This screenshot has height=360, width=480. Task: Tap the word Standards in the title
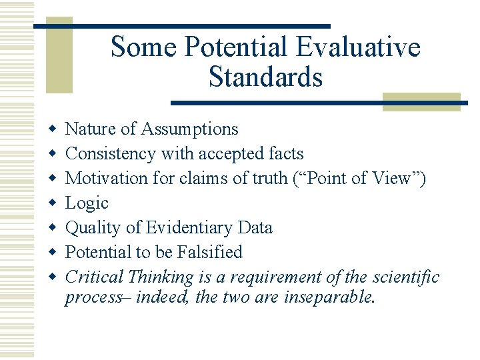point(265,77)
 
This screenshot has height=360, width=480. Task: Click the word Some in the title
point(143,47)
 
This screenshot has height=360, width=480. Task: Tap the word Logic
point(87,203)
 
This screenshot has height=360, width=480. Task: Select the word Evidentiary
point(188,227)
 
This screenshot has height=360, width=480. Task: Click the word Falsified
point(210,252)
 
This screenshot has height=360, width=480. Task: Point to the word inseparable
point(327,297)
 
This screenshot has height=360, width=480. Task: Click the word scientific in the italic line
point(406,277)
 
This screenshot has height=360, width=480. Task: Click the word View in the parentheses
point(396,178)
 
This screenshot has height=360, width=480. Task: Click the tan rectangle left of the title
point(59,59)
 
